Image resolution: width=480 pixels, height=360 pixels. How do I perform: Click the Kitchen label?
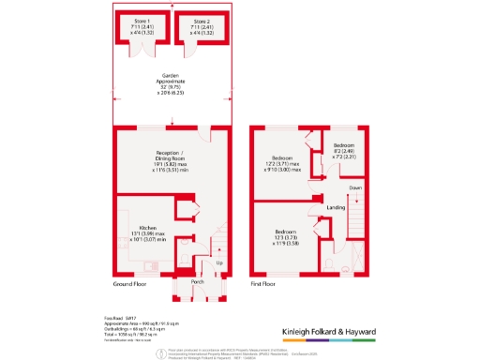tap(147, 227)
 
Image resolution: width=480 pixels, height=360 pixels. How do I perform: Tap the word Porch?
tap(197, 281)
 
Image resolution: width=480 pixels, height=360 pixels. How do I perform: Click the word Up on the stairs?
tap(220, 262)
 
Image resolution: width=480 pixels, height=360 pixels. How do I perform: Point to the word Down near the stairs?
tap(355, 187)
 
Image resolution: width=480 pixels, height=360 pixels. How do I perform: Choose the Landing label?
tap(336, 207)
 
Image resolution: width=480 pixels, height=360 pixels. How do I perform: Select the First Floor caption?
tap(267, 282)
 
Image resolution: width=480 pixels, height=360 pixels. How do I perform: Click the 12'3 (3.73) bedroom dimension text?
tap(287, 236)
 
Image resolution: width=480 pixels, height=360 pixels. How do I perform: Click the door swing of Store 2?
tap(201, 48)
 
